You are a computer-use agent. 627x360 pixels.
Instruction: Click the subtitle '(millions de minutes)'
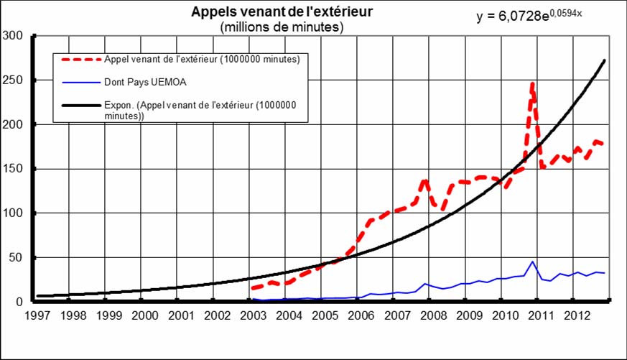tap(282, 27)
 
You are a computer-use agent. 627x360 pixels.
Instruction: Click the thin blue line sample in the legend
tap(81, 83)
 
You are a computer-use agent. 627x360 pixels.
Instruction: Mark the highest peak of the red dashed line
tap(532, 84)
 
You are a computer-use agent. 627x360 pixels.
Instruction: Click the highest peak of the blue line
tap(532, 262)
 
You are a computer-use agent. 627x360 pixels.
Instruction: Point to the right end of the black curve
tap(605, 60)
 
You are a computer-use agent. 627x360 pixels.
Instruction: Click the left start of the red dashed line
tap(252, 289)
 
